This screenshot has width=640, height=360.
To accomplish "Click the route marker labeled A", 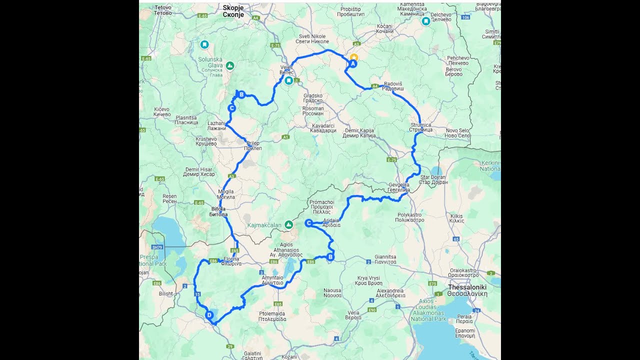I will click(352, 64).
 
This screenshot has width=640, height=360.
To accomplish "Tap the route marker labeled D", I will click(209, 315).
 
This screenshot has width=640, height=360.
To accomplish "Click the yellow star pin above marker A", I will click(353, 57).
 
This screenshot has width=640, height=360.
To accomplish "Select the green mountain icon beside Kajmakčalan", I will click(288, 225).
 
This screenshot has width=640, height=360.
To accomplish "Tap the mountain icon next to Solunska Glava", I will click(230, 65).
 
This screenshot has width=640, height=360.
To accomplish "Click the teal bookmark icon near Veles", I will click(289, 80).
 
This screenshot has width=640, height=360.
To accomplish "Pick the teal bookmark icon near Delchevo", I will click(425, 22).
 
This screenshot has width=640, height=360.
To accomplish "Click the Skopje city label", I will click(233, 11).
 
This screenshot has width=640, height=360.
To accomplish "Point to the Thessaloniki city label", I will click(467, 290).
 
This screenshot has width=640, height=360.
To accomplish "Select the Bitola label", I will click(218, 211).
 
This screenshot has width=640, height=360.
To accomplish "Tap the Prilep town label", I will click(252, 145).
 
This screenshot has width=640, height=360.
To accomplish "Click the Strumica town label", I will click(420, 127).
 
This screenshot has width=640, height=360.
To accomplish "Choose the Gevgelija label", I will click(399, 187).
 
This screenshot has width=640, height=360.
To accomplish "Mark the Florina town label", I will click(231, 261).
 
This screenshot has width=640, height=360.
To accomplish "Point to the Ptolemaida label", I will click(272, 315).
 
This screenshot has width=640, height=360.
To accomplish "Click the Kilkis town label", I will click(457, 218).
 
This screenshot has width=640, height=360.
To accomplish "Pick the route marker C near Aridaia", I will click(308, 223).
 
